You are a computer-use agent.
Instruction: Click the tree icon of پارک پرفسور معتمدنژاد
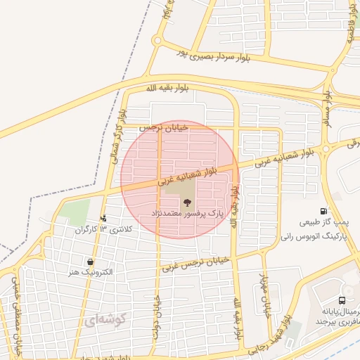click(x=187, y=203)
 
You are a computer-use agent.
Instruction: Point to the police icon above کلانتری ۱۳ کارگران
click(x=104, y=219)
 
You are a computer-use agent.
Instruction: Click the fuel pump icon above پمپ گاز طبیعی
click(x=323, y=211)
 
